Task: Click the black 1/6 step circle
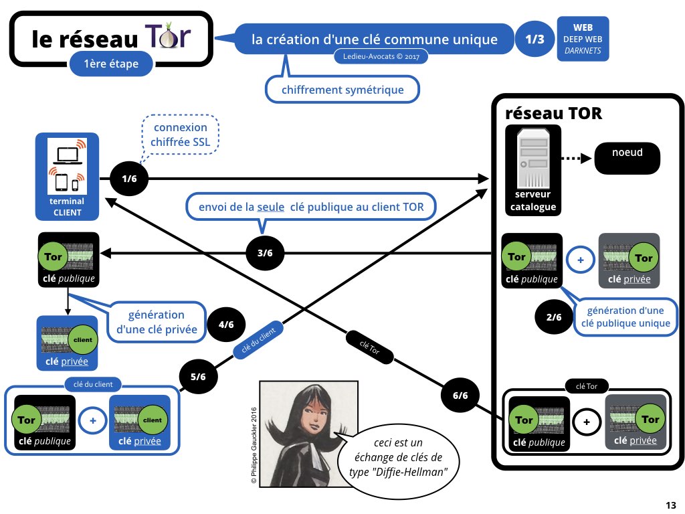[x=129, y=179]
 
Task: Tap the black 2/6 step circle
[x=554, y=317]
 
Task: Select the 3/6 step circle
[x=265, y=253]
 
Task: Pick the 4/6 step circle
[x=226, y=325]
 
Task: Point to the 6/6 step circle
[x=460, y=396]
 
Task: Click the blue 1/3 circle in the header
[x=534, y=39]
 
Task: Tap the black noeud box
[x=627, y=159]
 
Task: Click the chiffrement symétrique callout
[x=342, y=90]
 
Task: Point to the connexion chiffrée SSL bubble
[x=180, y=135]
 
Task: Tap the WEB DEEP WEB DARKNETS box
[x=582, y=39]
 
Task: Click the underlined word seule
[x=270, y=207]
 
